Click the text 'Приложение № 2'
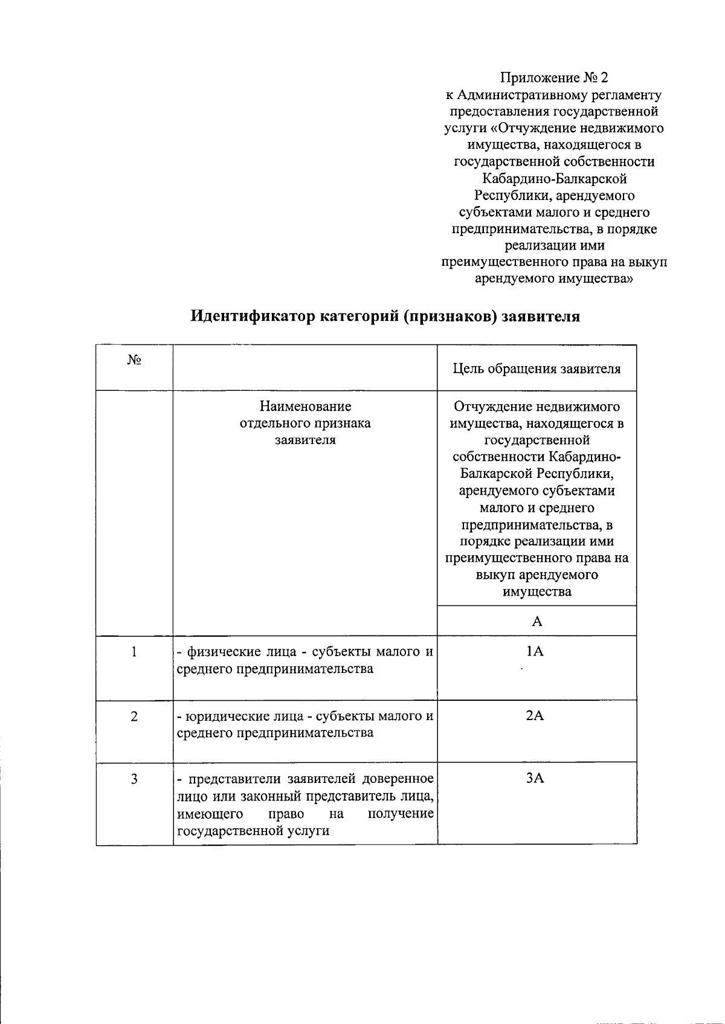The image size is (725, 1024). pos(554,78)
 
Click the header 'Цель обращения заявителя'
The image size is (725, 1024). pos(536,369)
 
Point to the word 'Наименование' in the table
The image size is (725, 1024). pos(305,407)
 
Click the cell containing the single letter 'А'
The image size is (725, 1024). pos(536,621)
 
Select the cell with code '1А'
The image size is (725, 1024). pos(535,651)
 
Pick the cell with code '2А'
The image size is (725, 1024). pos(535,716)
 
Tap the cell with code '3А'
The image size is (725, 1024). pos(535,778)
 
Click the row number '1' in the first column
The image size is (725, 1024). pos(134,652)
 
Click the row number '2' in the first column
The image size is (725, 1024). pos(134,716)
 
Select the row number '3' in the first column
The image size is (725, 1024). pos(134,779)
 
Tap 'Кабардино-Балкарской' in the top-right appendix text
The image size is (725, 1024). pos(554,179)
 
